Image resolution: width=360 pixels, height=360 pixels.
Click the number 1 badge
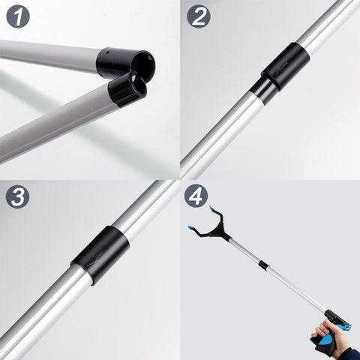click(18, 16)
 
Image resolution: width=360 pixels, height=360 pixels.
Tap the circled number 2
click(199, 16)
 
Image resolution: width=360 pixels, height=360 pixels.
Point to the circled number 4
click(196, 196)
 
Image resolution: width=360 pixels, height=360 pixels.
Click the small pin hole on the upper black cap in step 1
click(106, 52)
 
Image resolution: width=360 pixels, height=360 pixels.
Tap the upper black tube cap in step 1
click(125, 62)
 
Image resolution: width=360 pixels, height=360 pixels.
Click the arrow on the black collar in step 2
click(283, 67)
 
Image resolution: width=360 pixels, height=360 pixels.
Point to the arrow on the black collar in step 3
click(96, 256)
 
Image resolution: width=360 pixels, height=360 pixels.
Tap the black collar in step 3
click(100, 256)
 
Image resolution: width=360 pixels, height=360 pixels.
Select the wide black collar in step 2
click(286, 66)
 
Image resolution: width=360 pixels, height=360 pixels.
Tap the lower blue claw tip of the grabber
click(193, 228)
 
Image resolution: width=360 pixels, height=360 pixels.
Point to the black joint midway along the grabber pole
click(262, 264)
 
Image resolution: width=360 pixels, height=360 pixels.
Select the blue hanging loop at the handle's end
click(346, 326)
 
